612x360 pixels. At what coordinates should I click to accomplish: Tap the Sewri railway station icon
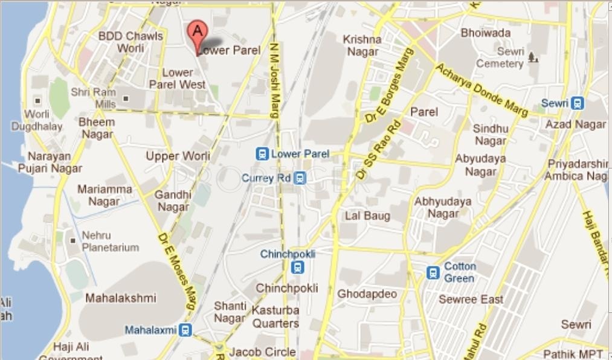click(578, 103)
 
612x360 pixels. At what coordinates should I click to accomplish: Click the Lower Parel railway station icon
click(262, 154)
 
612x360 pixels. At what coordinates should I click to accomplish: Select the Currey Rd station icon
click(300, 178)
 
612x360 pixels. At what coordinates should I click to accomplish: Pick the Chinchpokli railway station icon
click(297, 267)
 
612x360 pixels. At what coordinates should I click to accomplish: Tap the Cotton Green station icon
click(433, 272)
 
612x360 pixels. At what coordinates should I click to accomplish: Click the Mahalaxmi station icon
click(185, 330)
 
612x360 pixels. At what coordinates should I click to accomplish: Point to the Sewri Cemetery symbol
click(532, 57)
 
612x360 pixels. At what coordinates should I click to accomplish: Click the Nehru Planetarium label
click(111, 241)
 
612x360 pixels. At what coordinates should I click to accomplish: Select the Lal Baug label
click(367, 216)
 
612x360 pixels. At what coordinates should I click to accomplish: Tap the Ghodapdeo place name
click(367, 294)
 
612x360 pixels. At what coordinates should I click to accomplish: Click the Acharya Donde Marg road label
click(482, 90)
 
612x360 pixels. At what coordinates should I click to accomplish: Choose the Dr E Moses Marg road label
click(177, 271)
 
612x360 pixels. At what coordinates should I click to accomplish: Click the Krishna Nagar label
click(362, 45)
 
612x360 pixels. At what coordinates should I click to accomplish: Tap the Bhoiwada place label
click(485, 33)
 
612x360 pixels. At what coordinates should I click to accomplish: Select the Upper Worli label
click(178, 156)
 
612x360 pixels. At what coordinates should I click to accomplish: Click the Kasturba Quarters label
click(275, 317)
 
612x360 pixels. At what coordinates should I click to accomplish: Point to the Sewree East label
click(471, 300)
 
